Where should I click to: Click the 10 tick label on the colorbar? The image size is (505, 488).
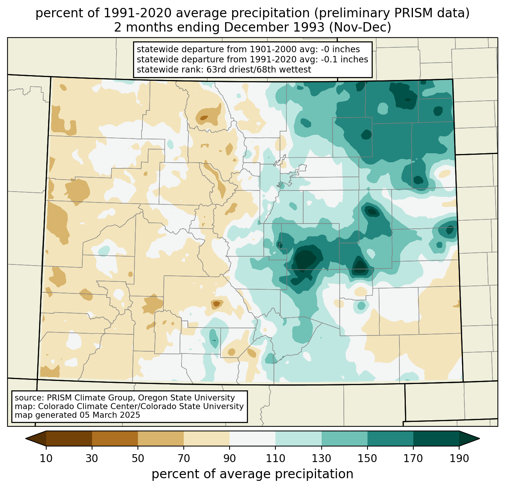(46, 458)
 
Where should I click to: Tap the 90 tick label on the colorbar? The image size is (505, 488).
(230, 458)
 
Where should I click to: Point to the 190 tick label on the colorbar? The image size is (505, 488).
(459, 458)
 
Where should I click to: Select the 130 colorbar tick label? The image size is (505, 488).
(321, 458)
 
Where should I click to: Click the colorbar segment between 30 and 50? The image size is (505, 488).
(115, 438)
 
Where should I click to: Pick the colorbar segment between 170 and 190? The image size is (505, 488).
(436, 438)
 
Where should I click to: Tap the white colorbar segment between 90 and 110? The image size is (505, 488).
(252, 438)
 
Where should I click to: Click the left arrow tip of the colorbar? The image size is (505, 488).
(26, 438)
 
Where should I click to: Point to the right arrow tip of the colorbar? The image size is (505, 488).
(479, 438)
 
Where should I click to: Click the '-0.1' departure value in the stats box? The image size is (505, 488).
(329, 59)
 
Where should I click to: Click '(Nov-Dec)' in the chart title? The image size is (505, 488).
(360, 27)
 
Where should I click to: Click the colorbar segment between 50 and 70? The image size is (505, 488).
(161, 438)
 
